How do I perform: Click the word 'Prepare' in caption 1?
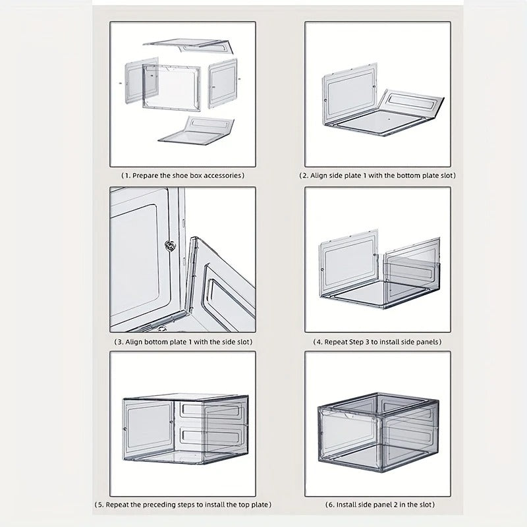coord(144,175)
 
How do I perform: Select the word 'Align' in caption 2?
coord(318,175)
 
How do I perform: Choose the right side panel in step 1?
coord(223,84)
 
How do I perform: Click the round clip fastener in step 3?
coord(170,245)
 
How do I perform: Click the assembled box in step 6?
coord(378,432)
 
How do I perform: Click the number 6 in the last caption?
coord(329,505)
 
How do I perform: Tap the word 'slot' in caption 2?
coord(447,175)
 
